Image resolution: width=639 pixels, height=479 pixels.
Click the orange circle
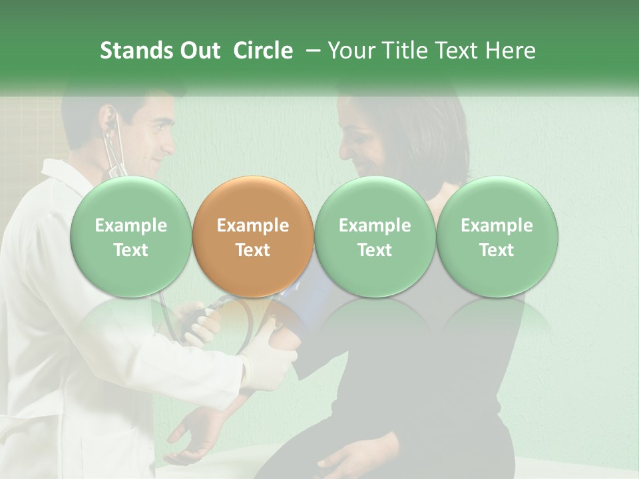coord(252,236)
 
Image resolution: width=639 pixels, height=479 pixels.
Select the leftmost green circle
coord(130,236)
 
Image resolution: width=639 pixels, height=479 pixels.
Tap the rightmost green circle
coord(497,236)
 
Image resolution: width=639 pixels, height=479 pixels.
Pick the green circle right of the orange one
coord(374,236)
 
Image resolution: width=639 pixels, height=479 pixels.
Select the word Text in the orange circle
coord(252,250)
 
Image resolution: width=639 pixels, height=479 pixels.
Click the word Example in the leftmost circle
coord(130,226)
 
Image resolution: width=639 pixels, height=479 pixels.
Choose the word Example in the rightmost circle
coord(497,226)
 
